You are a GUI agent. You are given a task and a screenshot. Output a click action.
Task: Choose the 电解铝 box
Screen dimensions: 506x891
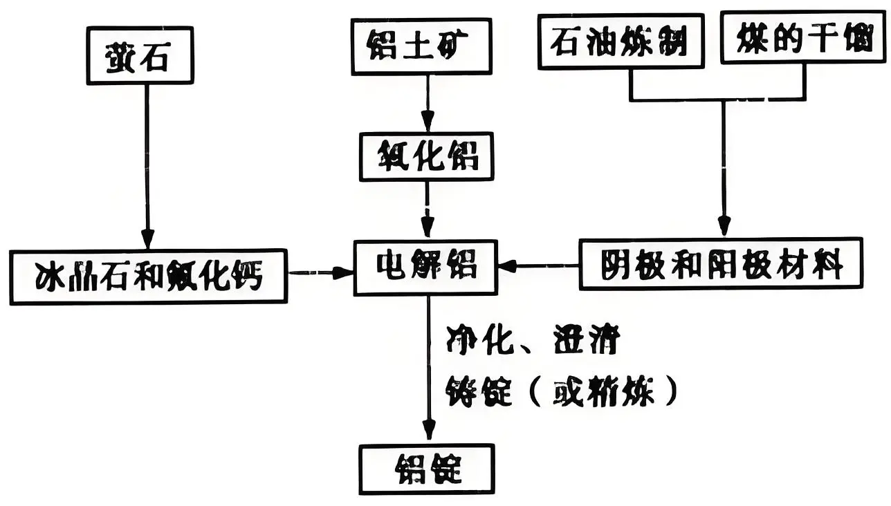click(x=426, y=265)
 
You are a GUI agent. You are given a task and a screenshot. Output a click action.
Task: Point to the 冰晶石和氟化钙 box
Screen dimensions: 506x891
click(x=149, y=277)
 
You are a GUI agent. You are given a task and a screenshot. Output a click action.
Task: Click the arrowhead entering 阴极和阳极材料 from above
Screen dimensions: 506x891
click(x=724, y=225)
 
